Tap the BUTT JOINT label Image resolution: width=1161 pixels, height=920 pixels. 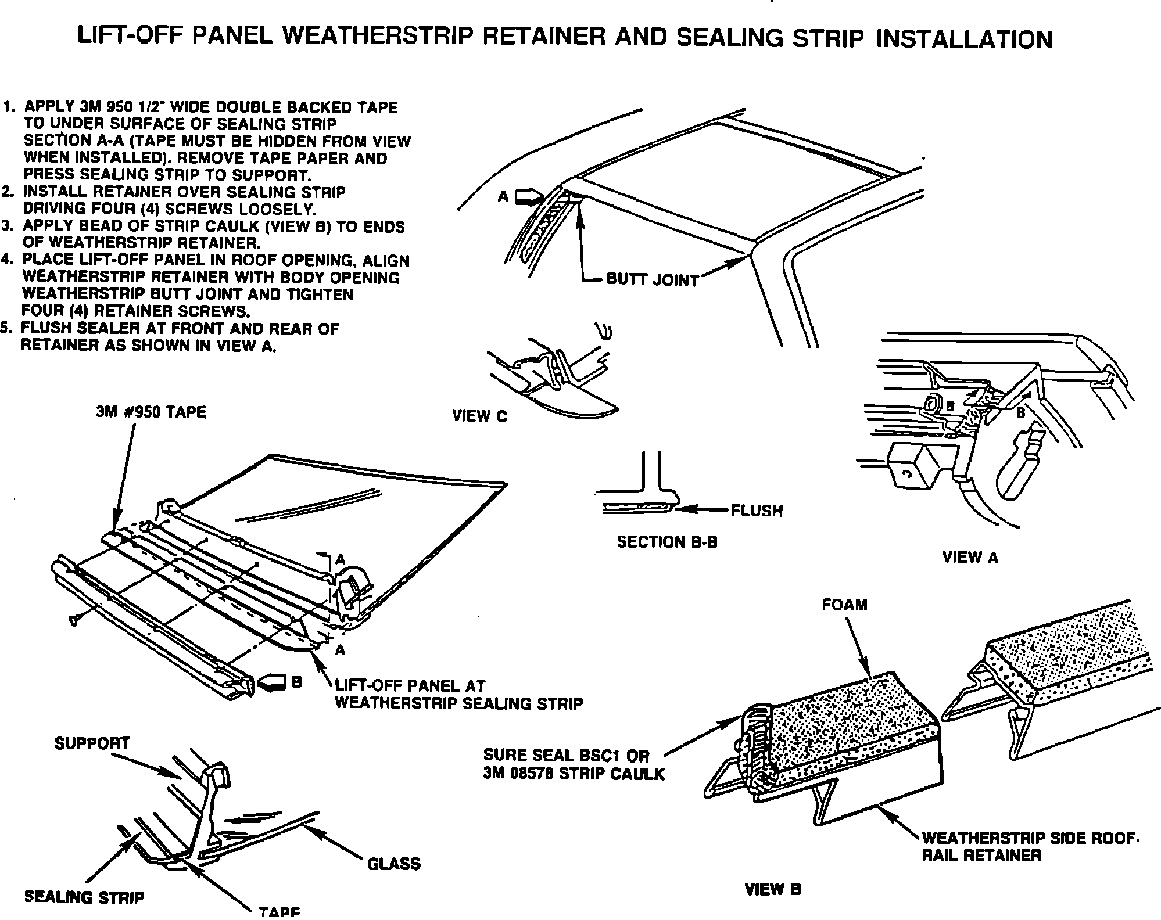click(x=652, y=280)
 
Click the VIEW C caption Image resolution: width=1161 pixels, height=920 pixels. click(x=479, y=416)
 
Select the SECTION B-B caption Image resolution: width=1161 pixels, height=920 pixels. click(x=666, y=542)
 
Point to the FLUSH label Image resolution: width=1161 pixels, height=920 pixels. click(x=757, y=511)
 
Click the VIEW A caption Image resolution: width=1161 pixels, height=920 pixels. click(x=970, y=557)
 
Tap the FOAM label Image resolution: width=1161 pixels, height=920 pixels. click(x=844, y=605)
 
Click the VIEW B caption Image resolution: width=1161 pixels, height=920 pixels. click(x=773, y=889)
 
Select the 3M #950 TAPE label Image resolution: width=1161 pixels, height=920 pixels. click(x=151, y=412)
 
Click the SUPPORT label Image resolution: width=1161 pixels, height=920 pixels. click(x=92, y=743)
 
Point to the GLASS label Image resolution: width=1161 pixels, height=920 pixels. click(x=393, y=864)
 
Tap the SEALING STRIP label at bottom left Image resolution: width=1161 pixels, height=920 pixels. click(x=84, y=897)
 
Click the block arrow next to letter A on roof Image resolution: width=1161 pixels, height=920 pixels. click(x=528, y=196)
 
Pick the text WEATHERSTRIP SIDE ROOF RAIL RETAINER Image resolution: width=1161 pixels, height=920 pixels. click(x=1028, y=846)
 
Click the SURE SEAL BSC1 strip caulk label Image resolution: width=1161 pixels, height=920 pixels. click(x=574, y=764)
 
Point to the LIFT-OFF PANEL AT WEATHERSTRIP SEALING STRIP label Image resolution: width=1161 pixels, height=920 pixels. click(x=458, y=694)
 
